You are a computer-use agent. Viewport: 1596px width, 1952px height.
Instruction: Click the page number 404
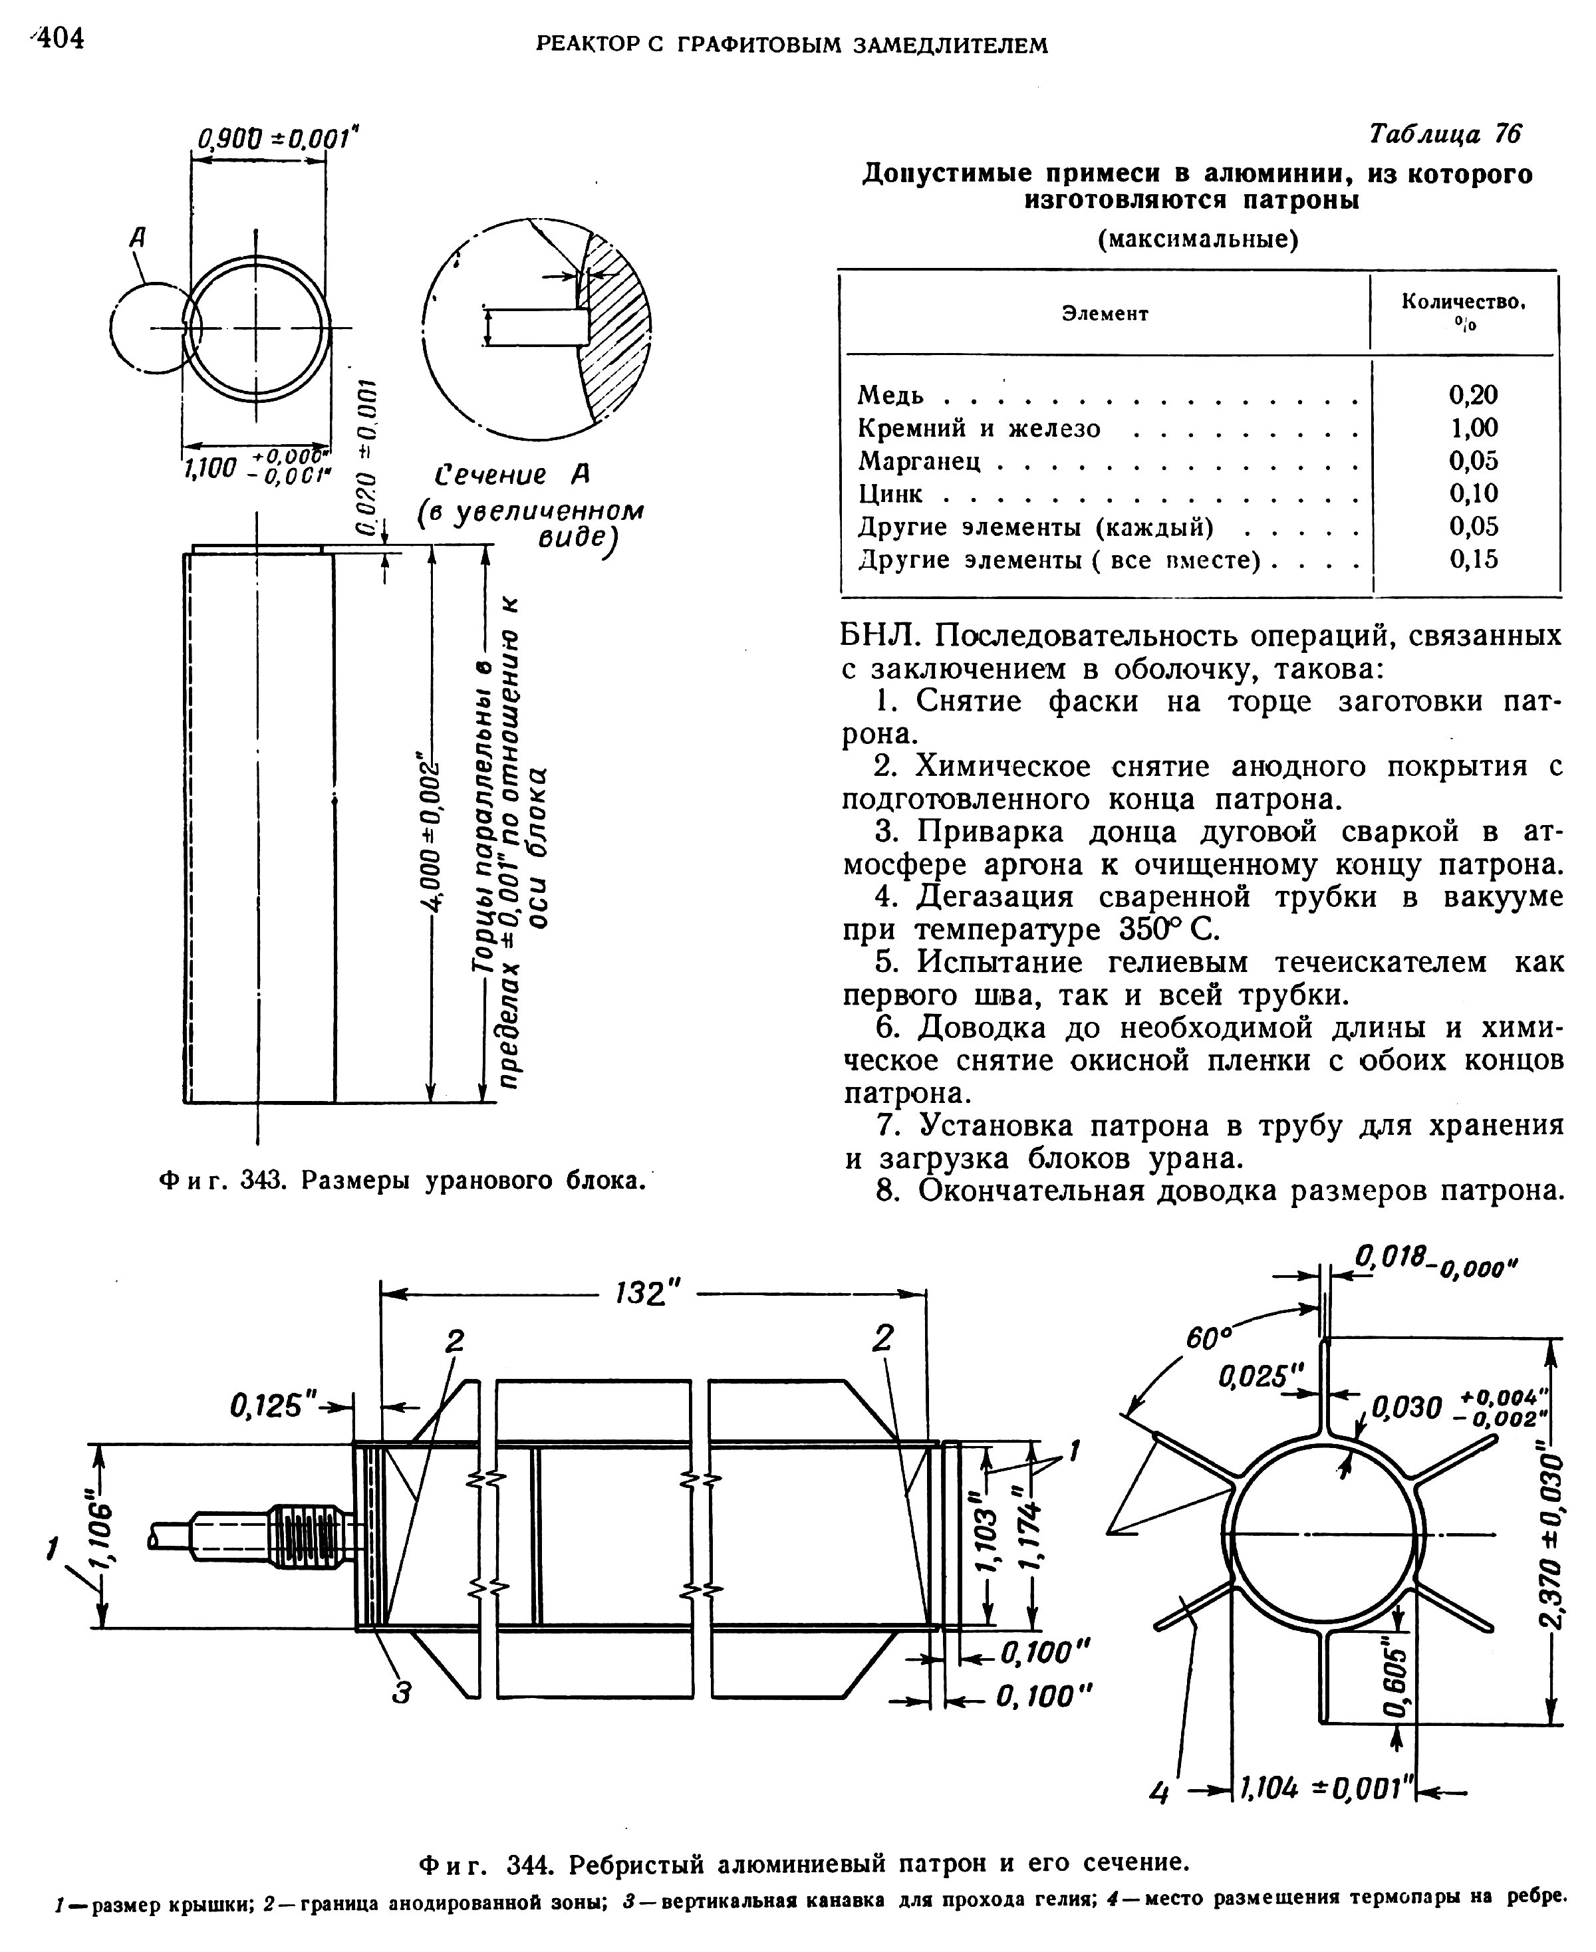(57, 39)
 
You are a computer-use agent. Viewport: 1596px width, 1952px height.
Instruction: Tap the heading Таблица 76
(1444, 135)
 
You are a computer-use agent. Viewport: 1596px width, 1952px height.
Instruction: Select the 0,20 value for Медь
(1473, 394)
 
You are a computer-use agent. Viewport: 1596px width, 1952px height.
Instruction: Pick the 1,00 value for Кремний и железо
(1473, 427)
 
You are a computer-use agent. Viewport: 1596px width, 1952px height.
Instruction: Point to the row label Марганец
(919, 461)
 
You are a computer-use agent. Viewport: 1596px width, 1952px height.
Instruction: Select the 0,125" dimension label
(272, 1405)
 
